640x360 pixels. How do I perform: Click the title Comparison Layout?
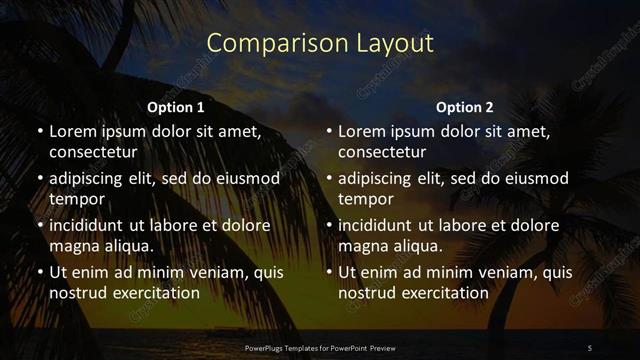coord(320,43)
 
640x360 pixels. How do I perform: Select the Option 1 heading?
coord(176,107)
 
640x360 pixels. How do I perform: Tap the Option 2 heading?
coord(465,107)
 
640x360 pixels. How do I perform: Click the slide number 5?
coord(590,347)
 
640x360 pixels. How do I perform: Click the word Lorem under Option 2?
coord(362,131)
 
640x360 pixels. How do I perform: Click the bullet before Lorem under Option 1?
coord(39,131)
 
